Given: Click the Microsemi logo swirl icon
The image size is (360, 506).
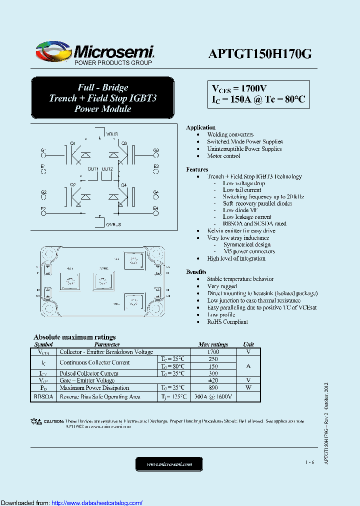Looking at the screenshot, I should click(x=52, y=52).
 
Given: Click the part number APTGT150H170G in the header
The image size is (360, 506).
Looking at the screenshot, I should click(x=259, y=54).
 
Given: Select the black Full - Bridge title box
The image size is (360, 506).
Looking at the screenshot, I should click(x=102, y=98).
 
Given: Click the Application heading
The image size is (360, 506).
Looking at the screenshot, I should click(x=200, y=127).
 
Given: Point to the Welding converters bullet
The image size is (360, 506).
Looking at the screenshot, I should click(x=230, y=134).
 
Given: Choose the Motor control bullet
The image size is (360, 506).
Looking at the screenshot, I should click(x=223, y=156).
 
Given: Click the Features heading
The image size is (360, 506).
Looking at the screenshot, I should click(x=197, y=169).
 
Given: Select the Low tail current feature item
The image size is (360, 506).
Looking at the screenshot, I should click(x=242, y=190).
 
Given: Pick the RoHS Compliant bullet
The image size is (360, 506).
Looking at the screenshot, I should click(x=227, y=322).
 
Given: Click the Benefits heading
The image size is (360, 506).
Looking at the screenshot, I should click(x=196, y=271).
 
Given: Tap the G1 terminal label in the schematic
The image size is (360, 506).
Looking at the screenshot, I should click(x=43, y=150).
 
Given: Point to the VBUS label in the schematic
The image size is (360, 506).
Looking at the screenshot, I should click(x=112, y=134).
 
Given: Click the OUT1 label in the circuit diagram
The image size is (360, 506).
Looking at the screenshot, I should click(x=93, y=169).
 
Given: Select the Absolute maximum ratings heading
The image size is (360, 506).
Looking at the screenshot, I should click(x=74, y=337).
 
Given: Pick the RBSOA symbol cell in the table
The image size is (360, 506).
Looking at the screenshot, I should click(x=43, y=396).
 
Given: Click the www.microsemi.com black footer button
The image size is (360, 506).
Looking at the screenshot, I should click(x=169, y=464).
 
